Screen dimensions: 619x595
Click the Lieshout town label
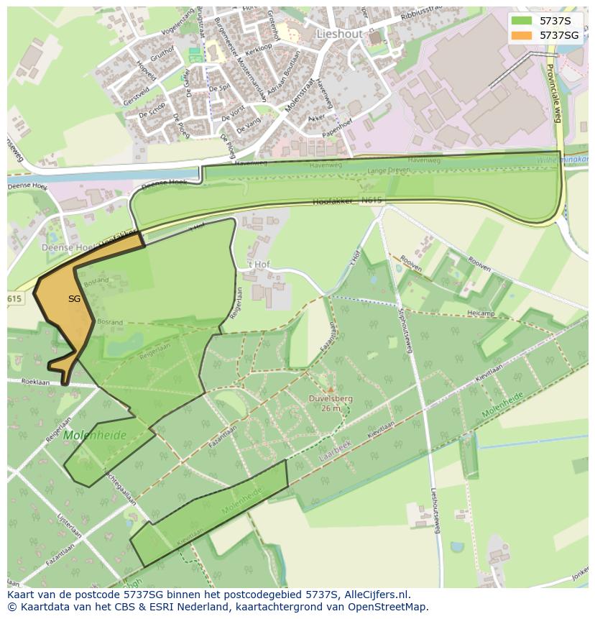pyautogui.click(x=339, y=33)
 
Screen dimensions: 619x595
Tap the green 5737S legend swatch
pyautogui.click(x=522, y=21)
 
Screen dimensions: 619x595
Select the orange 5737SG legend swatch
pyautogui.click(x=522, y=35)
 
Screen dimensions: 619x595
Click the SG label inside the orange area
pyautogui.click(x=74, y=298)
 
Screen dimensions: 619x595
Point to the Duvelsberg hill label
pyautogui.click(x=331, y=398)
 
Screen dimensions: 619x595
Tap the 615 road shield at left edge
pyautogui.click(x=14, y=298)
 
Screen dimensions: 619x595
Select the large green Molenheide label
pyautogui.click(x=94, y=435)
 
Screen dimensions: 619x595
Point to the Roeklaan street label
pyautogui.click(x=35, y=382)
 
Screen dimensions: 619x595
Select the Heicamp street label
pyautogui.click(x=481, y=313)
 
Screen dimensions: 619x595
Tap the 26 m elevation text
pyautogui.click(x=331, y=408)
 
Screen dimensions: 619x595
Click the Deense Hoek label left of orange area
pyautogui.click(x=65, y=247)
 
